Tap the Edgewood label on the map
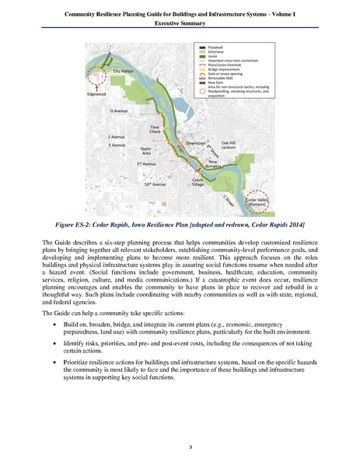(x=97, y=95)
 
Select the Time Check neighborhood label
(x=155, y=129)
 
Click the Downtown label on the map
(x=196, y=143)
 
